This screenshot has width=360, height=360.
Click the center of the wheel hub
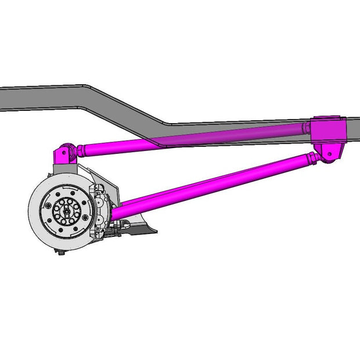pyautogui.click(x=67, y=211)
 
